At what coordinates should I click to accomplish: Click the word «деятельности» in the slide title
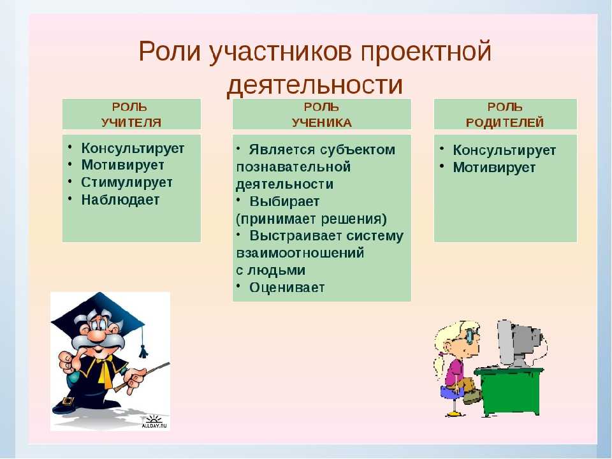point(314,85)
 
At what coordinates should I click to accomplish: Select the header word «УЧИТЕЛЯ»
point(131,122)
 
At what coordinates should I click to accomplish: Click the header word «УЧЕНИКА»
point(321,122)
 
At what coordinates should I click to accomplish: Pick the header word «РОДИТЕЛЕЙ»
point(505,122)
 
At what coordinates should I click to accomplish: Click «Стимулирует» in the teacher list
point(126,182)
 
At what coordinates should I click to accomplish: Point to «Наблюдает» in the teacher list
point(120,200)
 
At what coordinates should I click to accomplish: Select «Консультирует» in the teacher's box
point(133,149)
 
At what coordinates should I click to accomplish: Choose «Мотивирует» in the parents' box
point(493,168)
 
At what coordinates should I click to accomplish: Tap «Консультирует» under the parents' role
point(504,150)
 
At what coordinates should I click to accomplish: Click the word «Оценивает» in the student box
point(287,288)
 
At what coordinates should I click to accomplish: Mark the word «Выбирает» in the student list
point(284,201)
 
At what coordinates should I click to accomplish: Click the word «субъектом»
point(358,150)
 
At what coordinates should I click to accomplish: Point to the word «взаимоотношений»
point(300,253)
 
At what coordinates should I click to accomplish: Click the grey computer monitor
point(518,344)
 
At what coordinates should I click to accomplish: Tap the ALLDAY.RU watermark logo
point(154,422)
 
